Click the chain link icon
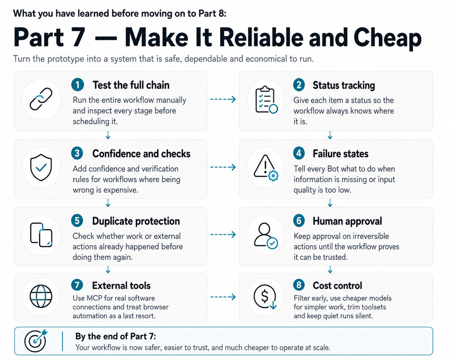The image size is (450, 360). pos(41,99)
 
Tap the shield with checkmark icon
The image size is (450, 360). pos(41,167)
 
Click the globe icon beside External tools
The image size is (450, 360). pos(41,296)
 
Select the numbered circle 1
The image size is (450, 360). pos(77,85)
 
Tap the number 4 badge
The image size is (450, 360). pos(299,153)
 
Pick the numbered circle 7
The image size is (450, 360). pos(77,285)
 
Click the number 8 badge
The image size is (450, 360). pos(299,285)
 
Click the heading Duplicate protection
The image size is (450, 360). pos(136,221)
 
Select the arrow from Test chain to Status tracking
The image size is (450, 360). pos(223,99)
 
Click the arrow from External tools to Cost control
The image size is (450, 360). pos(223,297)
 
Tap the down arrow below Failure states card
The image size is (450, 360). pos(330,203)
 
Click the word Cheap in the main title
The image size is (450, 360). pos(387,38)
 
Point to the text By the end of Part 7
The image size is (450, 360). pos(115,336)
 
